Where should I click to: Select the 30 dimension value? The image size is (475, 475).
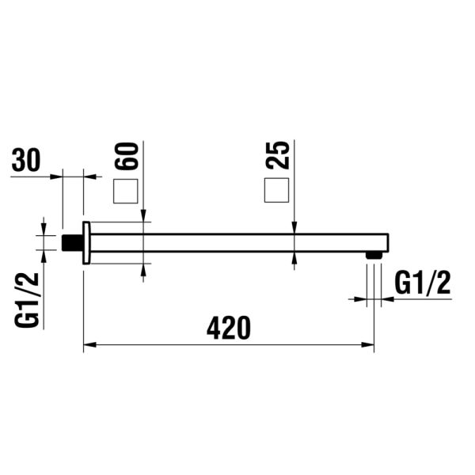coord(25,161)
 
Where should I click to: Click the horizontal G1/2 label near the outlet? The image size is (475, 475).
coord(422,283)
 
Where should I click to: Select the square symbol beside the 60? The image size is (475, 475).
coord(126,192)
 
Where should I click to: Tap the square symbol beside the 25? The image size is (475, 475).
coord(276,191)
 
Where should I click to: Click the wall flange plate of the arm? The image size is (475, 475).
coord(86,242)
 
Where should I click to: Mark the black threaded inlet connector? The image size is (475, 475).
coord(73,242)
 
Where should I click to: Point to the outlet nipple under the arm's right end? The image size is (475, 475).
coord(374,255)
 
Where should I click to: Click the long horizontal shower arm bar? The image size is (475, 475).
coord(237,242)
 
